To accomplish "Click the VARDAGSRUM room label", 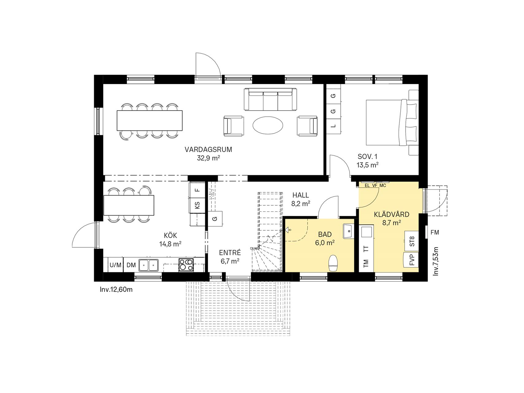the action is click(x=208, y=150).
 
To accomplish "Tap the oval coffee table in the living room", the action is click(x=268, y=125).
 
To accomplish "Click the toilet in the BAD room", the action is click(x=333, y=263).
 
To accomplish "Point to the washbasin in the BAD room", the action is click(x=348, y=231).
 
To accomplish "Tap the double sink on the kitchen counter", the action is click(x=149, y=265).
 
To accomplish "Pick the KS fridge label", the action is click(x=198, y=205).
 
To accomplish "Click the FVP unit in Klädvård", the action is click(x=412, y=260).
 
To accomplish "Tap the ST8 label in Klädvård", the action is click(x=412, y=241).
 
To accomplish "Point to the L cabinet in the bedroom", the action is click(x=334, y=126).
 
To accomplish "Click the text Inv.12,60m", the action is click(x=116, y=289).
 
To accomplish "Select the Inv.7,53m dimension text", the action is click(x=436, y=261).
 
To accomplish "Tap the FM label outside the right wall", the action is click(x=435, y=232).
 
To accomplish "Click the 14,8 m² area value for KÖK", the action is click(x=170, y=244).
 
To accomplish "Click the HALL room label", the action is click(x=301, y=195).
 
